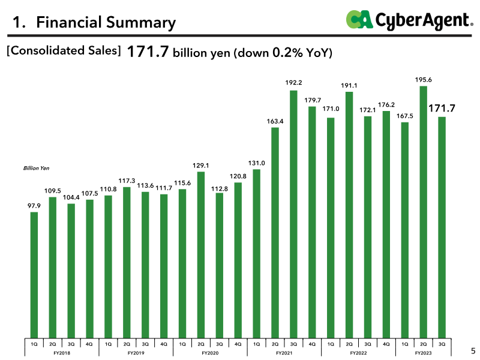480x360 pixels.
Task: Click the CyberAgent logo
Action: tap(410, 20)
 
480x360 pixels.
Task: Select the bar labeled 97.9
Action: tap(34, 275)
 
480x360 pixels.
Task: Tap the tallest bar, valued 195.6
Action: tap(424, 212)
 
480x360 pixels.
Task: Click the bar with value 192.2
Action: tap(293, 214)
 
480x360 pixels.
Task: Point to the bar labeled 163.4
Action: tap(275, 233)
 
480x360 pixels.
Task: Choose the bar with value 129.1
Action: tap(201, 254)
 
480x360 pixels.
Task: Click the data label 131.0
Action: tap(257, 163)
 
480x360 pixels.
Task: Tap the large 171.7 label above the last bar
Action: tap(442, 108)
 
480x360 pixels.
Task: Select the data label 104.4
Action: tap(71, 197)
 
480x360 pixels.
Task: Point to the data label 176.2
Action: tap(386, 104)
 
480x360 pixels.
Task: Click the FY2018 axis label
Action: tap(62, 353)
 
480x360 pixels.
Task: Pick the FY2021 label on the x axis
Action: tap(284, 353)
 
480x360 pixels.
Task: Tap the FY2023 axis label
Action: tap(424, 353)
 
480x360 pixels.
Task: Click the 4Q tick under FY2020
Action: tap(238, 344)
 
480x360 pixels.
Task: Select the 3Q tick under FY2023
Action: tap(442, 344)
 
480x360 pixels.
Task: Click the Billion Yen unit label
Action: tap(36, 168)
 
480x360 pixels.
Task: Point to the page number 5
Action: tap(473, 351)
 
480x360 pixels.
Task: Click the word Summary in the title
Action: tap(141, 23)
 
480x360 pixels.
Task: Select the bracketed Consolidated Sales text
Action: tap(64, 50)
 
